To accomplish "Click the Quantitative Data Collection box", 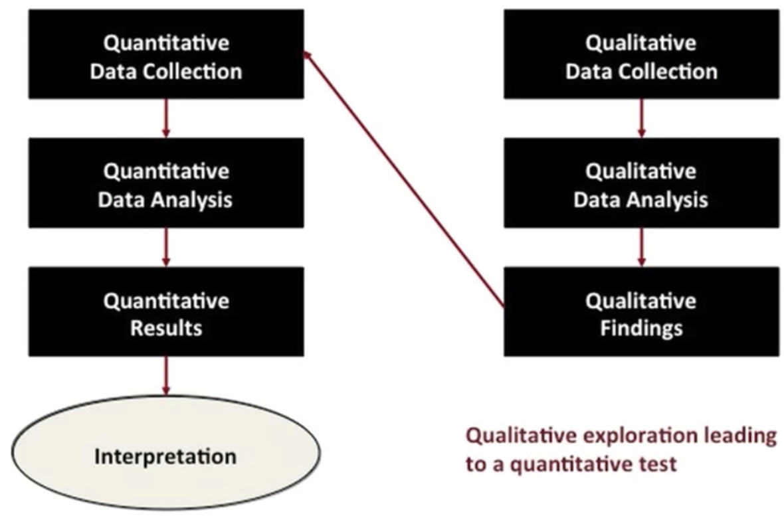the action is [166, 54].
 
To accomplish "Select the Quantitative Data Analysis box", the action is [166, 183].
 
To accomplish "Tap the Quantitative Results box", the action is [166, 311].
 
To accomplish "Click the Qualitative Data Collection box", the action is [642, 54].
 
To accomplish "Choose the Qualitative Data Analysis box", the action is [642, 183].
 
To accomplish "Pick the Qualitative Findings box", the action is [642, 311].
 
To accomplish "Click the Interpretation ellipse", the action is [166, 453].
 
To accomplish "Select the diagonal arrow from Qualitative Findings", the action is [404, 179].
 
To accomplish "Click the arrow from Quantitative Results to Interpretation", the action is [166, 375].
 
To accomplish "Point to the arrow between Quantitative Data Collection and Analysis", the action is [166, 118].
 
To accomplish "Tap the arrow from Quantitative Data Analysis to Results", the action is [166, 247].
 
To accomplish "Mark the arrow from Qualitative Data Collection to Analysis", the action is [642, 118].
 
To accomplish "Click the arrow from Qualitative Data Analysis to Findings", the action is [642, 247].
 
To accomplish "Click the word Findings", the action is [642, 329].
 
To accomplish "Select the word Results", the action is [166, 328].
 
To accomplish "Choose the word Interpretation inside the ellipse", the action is [165, 457].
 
